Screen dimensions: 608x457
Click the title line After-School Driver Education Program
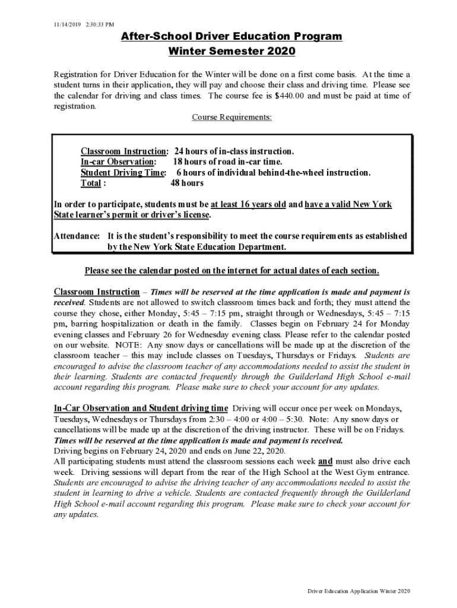click(231, 37)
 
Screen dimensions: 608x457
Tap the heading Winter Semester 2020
click(231, 52)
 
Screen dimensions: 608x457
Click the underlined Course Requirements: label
click(231, 117)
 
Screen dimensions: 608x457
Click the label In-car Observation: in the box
click(119, 162)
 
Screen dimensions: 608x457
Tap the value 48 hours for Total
click(187, 183)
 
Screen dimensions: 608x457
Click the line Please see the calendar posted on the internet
click(231, 271)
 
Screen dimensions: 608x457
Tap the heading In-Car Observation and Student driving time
click(141, 408)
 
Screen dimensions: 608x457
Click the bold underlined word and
click(325, 461)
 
